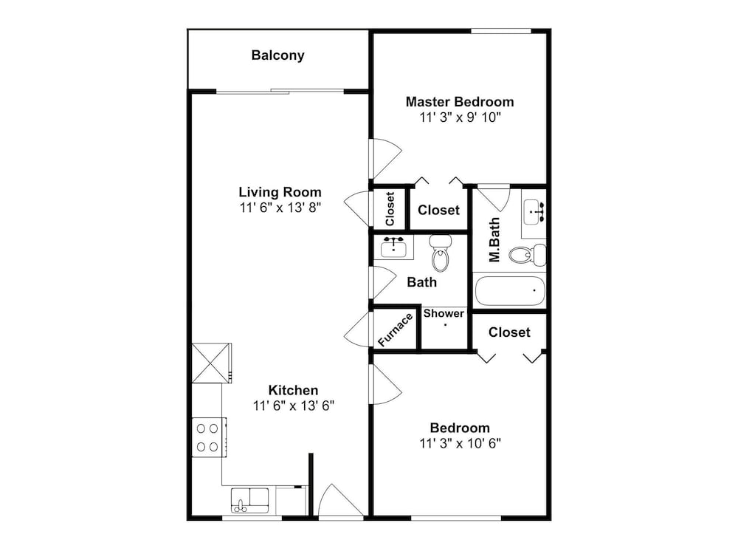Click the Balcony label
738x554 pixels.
[x=277, y=55]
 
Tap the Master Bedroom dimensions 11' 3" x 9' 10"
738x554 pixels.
[x=460, y=117]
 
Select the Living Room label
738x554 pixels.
[x=280, y=192]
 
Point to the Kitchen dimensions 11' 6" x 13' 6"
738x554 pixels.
[x=293, y=406]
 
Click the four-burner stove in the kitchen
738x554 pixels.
[x=209, y=437]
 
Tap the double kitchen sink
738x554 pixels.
[x=250, y=500]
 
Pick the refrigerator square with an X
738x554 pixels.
[x=211, y=363]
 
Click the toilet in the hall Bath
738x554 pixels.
[x=441, y=253]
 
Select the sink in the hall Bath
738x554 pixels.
[x=393, y=247]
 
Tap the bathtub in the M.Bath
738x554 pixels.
[x=510, y=291]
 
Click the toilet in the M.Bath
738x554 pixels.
[x=527, y=255]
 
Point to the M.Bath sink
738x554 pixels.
[x=534, y=213]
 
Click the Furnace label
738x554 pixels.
[x=396, y=329]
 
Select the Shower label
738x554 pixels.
[x=444, y=313]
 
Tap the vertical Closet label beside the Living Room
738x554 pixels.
[x=390, y=209]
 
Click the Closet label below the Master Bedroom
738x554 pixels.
[x=438, y=210]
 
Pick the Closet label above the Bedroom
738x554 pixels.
[x=509, y=332]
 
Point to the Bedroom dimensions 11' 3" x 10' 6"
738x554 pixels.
[x=460, y=443]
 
